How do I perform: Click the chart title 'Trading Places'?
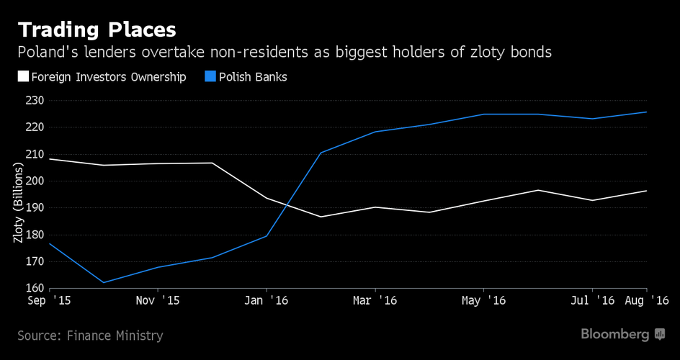pos(97,30)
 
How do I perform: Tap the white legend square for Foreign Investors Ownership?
pos(23,76)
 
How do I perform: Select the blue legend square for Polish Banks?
pos(211,76)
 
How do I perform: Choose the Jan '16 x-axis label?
pos(267,300)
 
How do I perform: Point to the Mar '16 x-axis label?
pos(375,300)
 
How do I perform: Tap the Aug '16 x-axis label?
pos(647,300)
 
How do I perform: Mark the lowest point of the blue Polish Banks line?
pos(103,282)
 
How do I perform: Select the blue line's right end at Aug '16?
pos(646,112)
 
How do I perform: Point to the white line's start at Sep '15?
pos(50,159)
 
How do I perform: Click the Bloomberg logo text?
pos(614,334)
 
